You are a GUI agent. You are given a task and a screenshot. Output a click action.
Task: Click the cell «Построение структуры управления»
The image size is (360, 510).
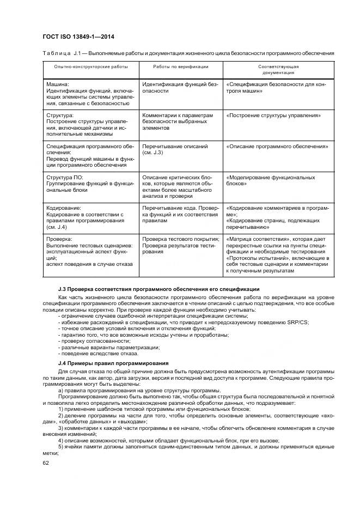tap(273, 116)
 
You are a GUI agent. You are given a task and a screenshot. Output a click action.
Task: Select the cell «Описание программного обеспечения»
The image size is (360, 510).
tap(277, 147)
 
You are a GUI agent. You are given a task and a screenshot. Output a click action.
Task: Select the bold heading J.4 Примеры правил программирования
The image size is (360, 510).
tap(113, 363)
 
